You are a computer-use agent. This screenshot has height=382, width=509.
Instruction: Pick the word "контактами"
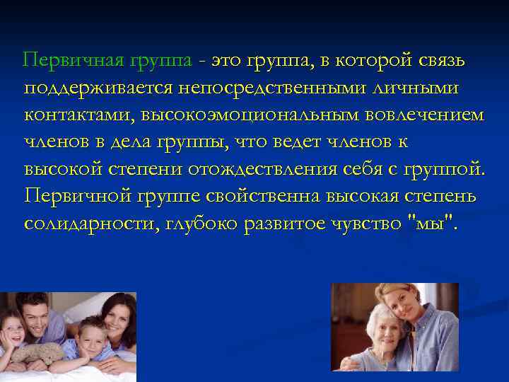coord(79,114)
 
